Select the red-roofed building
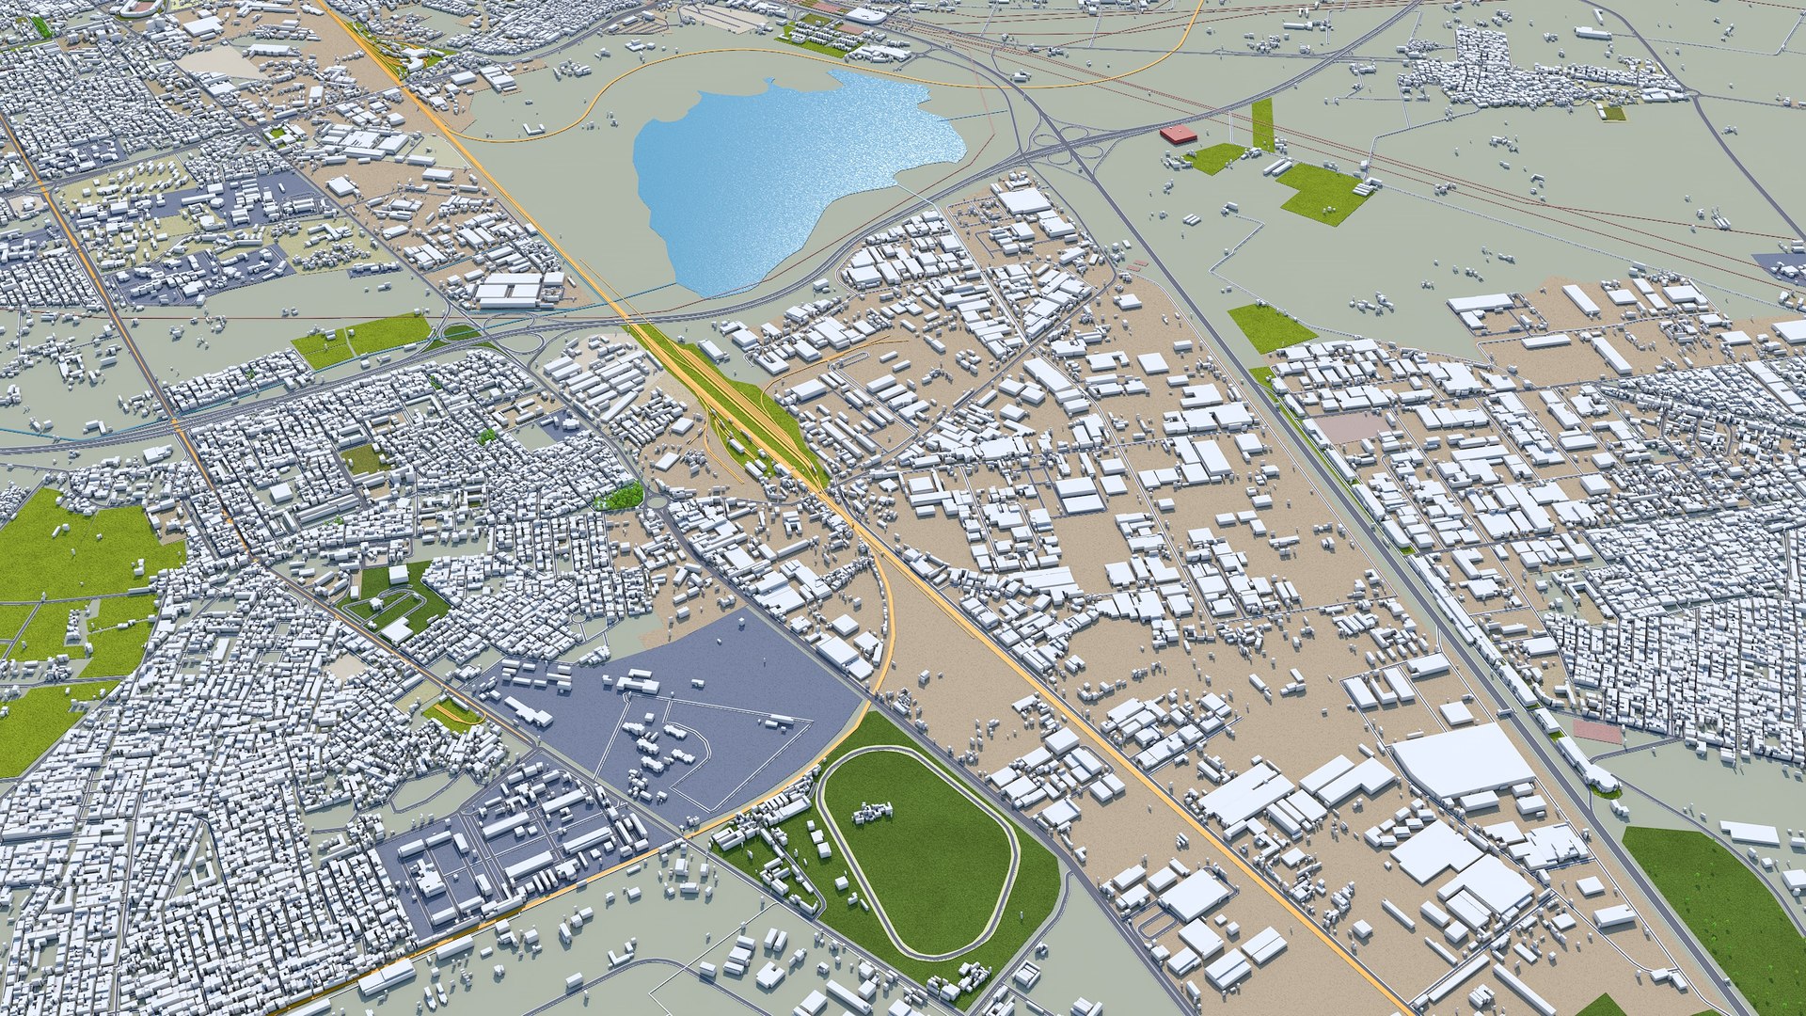pyautogui.click(x=1178, y=135)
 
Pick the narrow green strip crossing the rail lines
pyautogui.click(x=1262, y=125)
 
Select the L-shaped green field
pyautogui.click(x=1317, y=193)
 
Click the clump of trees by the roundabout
pyautogui.click(x=621, y=496)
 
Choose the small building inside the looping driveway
pyautogui.click(x=398, y=574)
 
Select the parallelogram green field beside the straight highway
pyautogui.click(x=1270, y=327)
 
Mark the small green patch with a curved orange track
pyautogui.click(x=452, y=715)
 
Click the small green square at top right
pyautogui.click(x=1612, y=113)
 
